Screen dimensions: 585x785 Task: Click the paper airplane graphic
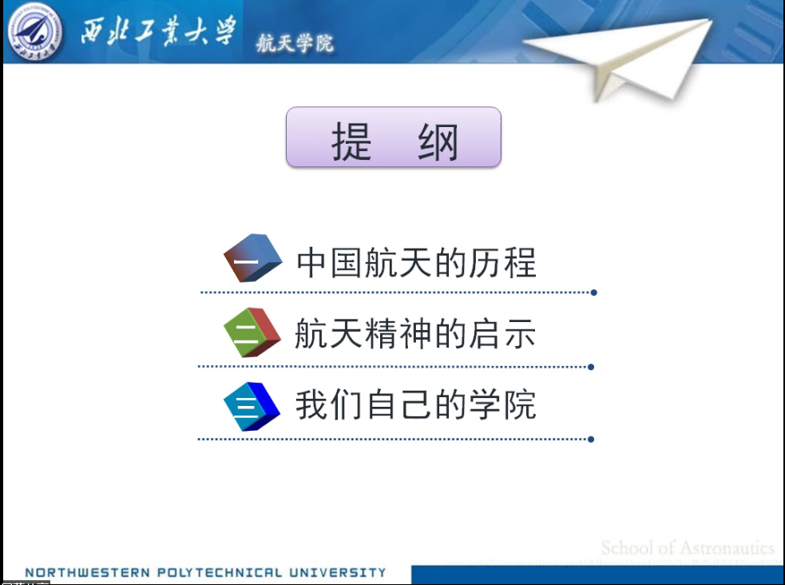[647, 58]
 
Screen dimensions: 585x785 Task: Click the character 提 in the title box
[352, 143]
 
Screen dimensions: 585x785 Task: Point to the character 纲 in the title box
[438, 143]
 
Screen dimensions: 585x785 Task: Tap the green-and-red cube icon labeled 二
[252, 331]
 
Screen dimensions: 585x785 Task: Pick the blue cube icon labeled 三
[252, 406]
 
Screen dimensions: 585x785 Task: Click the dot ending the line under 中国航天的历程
[593, 292]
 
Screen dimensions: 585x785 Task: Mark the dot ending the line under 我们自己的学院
[591, 439]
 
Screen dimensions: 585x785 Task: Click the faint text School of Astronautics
[688, 548]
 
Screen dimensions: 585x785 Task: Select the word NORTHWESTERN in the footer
[77, 572]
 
